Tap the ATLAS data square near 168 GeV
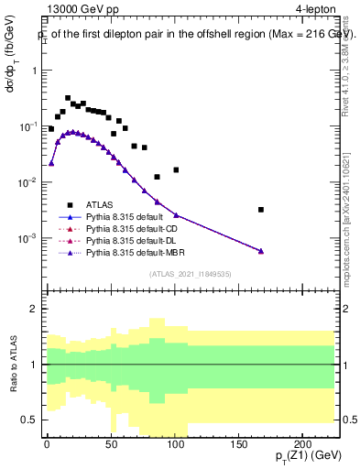click(261, 210)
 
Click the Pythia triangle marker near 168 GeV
click(261, 251)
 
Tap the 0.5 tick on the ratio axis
click(32, 420)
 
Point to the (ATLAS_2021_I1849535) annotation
click(191, 274)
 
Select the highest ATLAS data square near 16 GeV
click(68, 98)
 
